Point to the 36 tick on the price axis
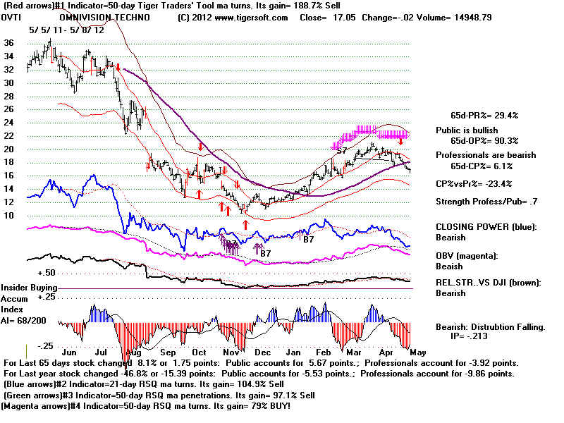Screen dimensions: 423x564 click(8, 42)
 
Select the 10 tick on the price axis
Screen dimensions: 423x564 click(8, 216)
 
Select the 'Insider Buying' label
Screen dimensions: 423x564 click(29, 288)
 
